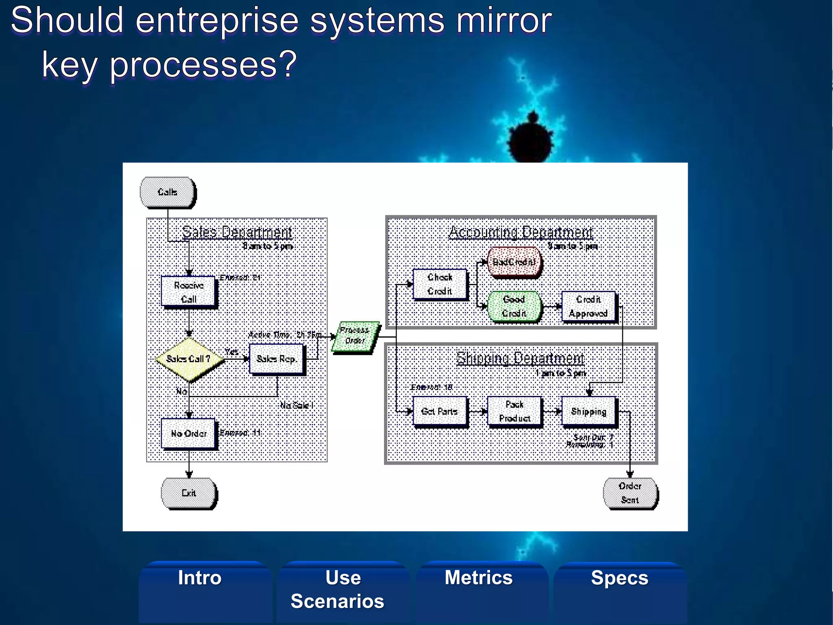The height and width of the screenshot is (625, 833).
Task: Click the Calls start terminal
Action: coord(167,192)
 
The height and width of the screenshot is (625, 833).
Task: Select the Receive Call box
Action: coord(188,292)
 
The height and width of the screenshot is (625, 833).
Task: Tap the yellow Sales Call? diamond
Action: coord(189,359)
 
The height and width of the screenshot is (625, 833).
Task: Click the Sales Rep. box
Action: coord(276,359)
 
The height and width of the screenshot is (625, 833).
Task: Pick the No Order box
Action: coord(188,433)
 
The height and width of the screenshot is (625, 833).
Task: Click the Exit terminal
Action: coord(189,493)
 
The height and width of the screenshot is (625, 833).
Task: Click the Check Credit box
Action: coord(440,284)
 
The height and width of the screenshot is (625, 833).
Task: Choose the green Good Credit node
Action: coord(514,306)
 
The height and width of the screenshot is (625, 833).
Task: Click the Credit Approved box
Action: coord(588,306)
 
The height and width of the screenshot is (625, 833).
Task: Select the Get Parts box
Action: coord(440,411)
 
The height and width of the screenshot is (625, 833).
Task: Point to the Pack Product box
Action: coord(515,411)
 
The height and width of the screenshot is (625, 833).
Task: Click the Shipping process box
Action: coord(589,411)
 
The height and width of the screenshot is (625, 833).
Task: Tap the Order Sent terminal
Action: coord(630,493)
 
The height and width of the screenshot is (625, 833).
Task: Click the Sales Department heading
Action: coord(237,232)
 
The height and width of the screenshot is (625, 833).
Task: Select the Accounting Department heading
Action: coord(521,232)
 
